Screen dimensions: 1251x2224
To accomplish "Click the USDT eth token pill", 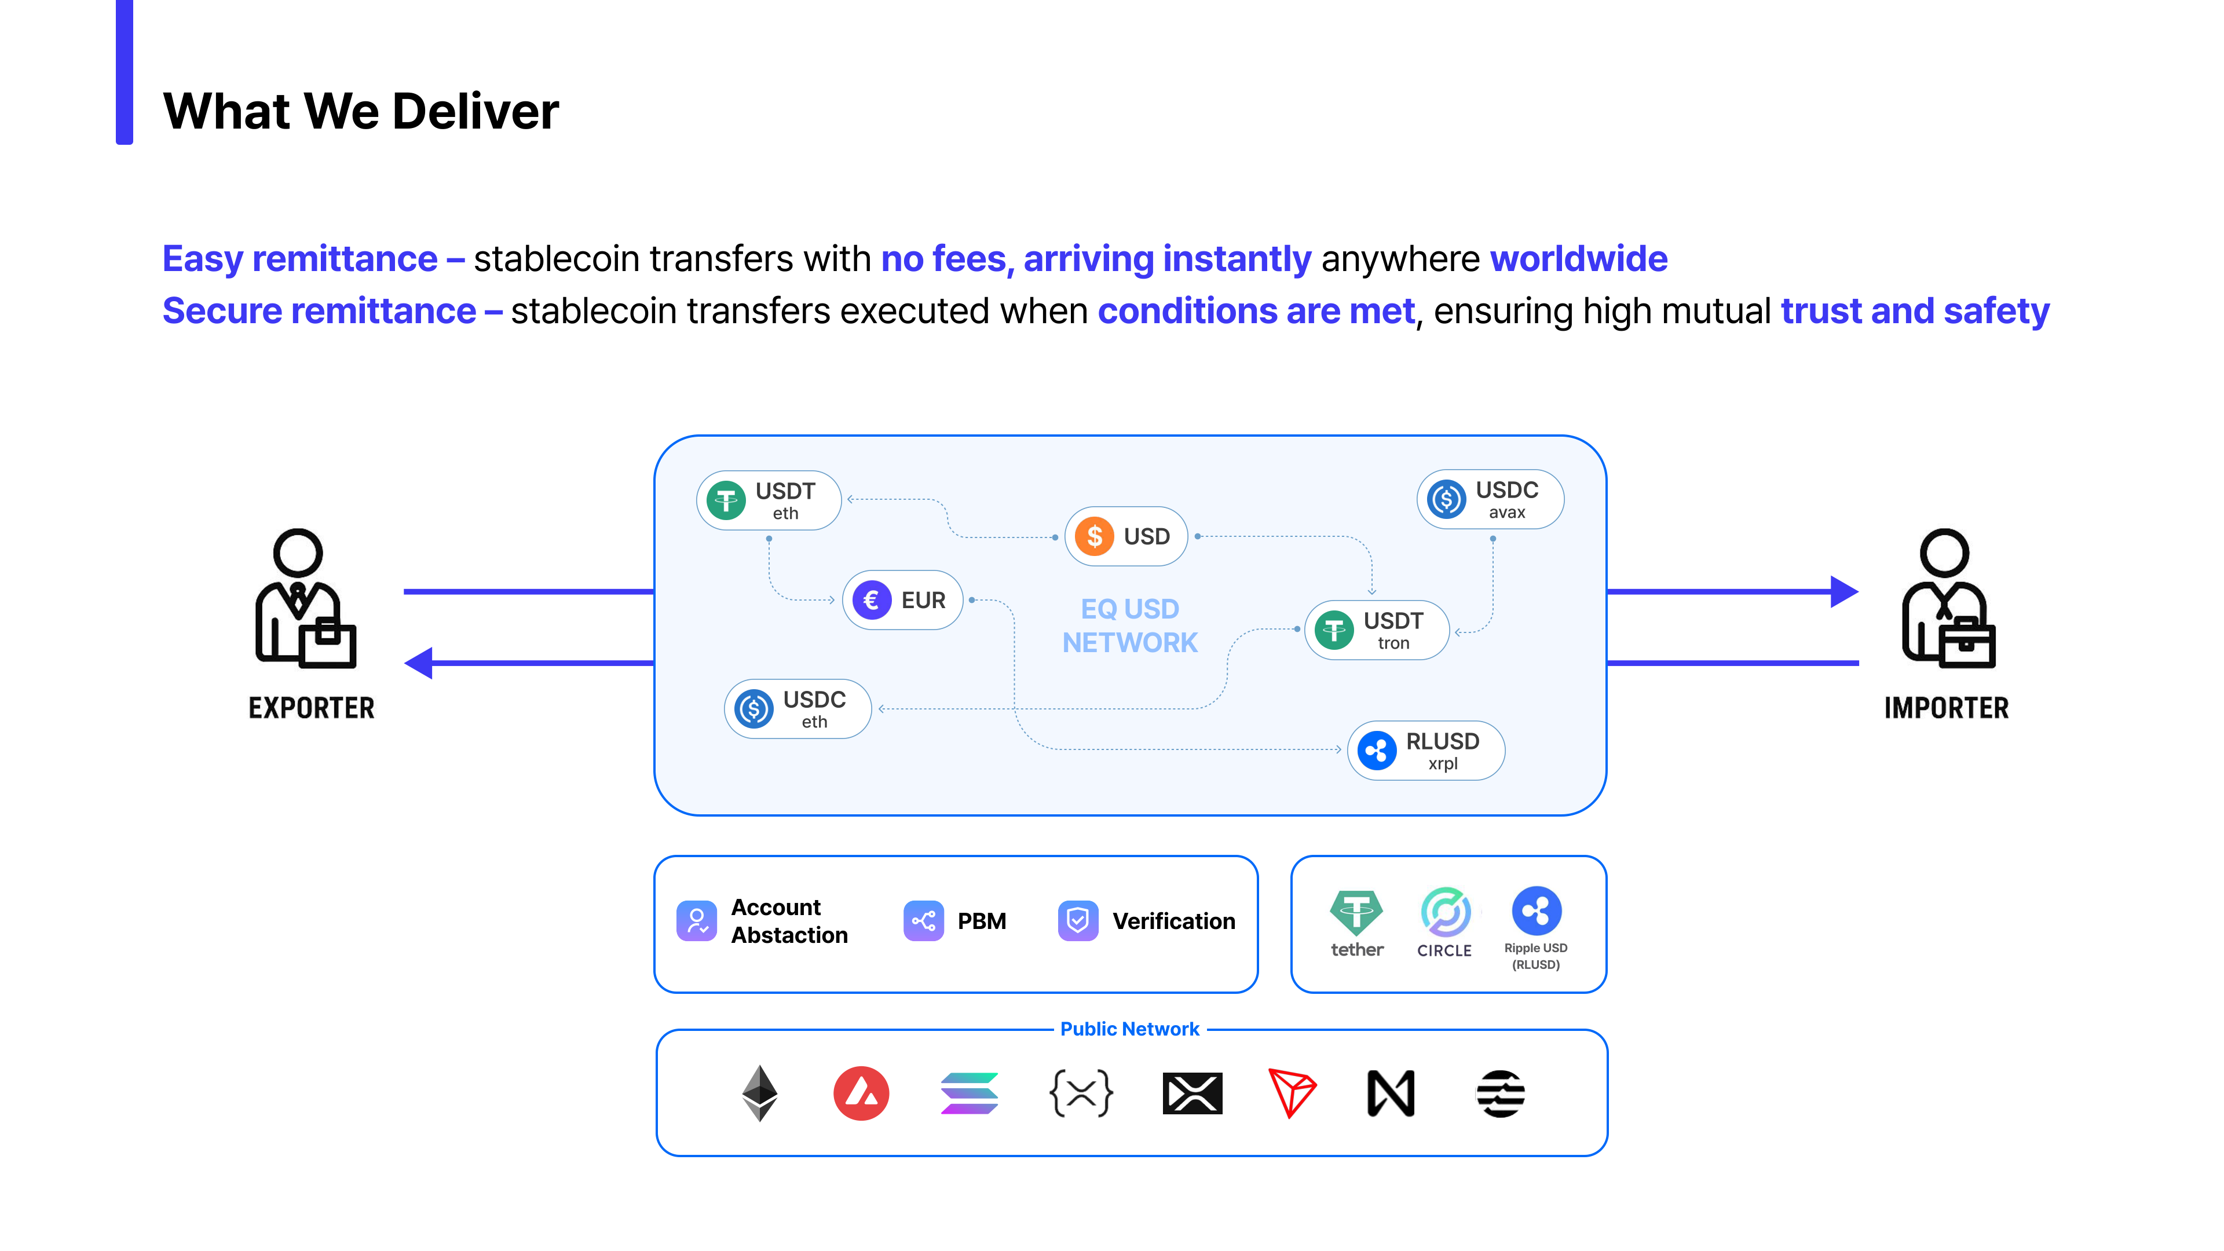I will pyautogui.click(x=769, y=501).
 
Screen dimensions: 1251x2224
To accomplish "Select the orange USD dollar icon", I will pyautogui.click(x=1094, y=536).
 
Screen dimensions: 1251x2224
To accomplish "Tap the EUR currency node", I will pyautogui.click(x=902, y=600).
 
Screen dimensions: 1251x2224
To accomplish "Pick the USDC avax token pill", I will pyautogui.click(x=1489, y=500).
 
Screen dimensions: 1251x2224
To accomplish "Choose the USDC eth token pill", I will pyautogui.click(x=797, y=709).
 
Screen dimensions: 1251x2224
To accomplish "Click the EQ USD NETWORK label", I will pyautogui.click(x=1129, y=626).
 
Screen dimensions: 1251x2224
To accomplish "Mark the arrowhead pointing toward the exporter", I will pyautogui.click(x=419, y=663).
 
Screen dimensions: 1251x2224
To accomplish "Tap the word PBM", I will pyautogui.click(x=982, y=921).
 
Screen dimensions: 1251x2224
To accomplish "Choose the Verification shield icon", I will pyautogui.click(x=1077, y=921).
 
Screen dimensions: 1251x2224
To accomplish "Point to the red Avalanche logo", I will pyautogui.click(x=861, y=1093).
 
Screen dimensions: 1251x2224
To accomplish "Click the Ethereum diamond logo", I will pyautogui.click(x=760, y=1093).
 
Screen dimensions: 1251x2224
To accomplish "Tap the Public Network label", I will pyautogui.click(x=1129, y=1029).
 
